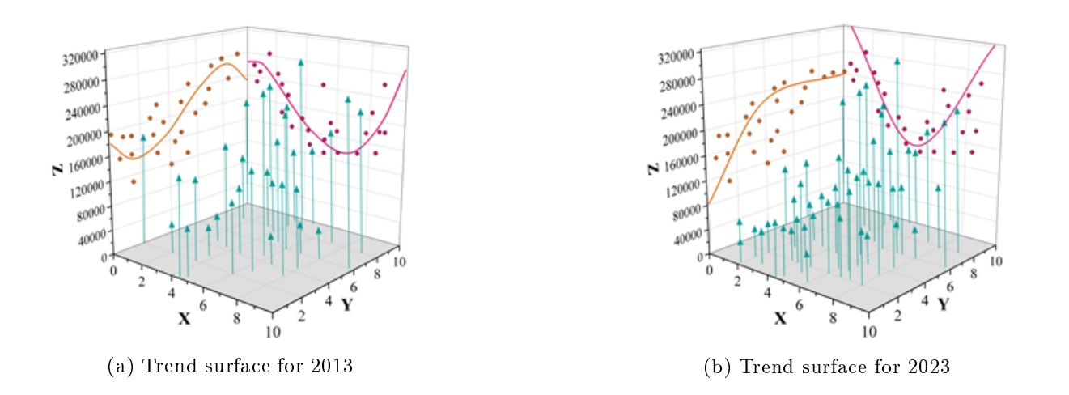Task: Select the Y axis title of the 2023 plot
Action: click(943, 304)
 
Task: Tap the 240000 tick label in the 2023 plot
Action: click(681, 108)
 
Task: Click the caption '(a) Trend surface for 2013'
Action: click(231, 366)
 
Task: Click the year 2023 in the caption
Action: click(931, 366)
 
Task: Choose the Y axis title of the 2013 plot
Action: click(346, 305)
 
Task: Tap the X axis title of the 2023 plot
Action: click(780, 318)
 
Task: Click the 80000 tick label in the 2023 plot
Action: click(685, 212)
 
